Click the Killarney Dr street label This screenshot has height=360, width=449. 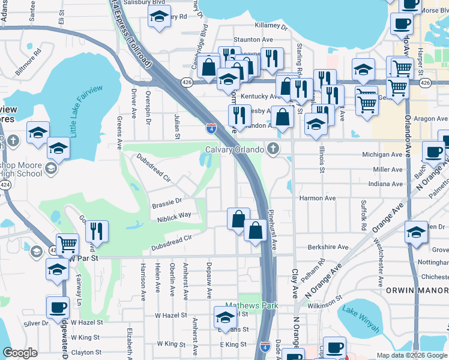coord(271,26)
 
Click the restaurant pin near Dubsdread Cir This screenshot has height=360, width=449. coord(97,229)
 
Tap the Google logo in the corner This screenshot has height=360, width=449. coord(20,353)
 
